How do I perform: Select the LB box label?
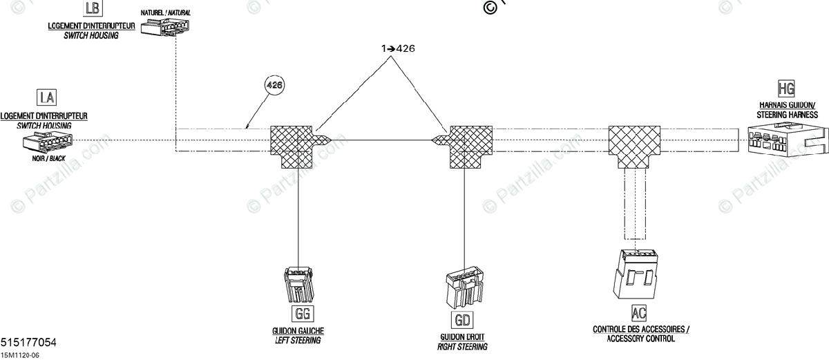coord(91,8)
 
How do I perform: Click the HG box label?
coord(786,88)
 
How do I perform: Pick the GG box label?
coord(302,314)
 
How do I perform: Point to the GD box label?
coord(462,320)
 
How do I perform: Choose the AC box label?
coord(640,312)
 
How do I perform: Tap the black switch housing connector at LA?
coord(48,143)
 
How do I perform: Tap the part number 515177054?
coord(29,343)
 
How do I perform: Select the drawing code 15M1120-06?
coord(21,354)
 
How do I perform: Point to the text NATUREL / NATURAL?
coord(166,13)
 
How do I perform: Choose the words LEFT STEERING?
coord(298,341)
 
